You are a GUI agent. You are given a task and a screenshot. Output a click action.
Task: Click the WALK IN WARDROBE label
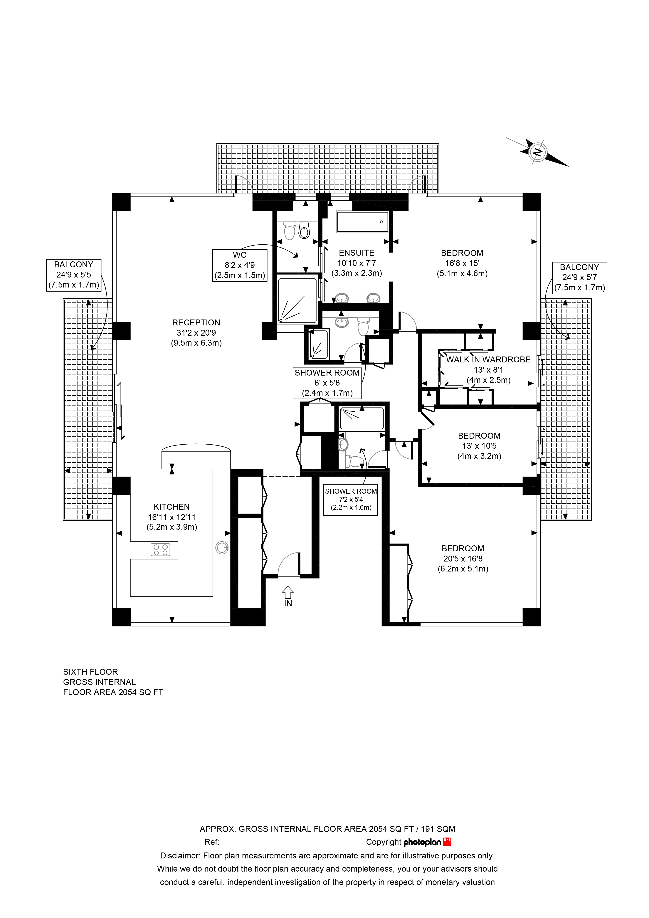pyautogui.click(x=488, y=369)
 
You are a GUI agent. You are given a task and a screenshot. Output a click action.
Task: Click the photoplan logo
pyautogui.click(x=427, y=842)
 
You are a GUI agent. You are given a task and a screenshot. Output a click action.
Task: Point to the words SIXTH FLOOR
pyautogui.click(x=90, y=672)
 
